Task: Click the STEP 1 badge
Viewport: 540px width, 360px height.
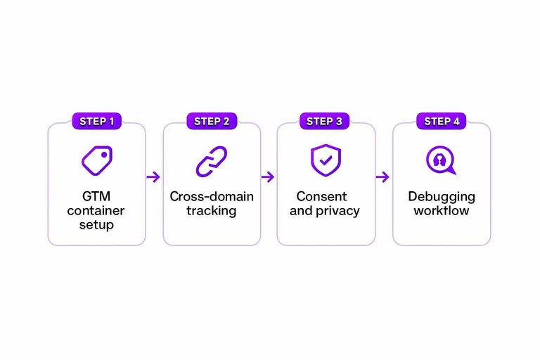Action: tap(97, 121)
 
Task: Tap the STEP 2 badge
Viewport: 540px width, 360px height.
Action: tap(212, 121)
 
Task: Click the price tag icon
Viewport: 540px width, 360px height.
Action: tap(96, 161)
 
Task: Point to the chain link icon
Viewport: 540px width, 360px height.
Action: tap(212, 161)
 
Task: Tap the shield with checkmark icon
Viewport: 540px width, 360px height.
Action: tap(324, 160)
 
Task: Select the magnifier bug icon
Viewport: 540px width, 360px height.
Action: tap(441, 161)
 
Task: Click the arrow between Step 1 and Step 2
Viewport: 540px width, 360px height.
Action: tap(153, 177)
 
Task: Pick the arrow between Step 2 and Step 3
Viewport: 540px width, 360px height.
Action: tap(268, 177)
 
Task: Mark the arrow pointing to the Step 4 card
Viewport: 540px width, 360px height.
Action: tap(382, 177)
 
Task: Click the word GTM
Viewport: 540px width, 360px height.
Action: tap(97, 197)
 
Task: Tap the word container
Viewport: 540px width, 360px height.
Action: tap(97, 211)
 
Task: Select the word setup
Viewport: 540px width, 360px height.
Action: tap(97, 226)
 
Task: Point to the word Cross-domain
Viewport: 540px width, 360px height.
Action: tap(212, 197)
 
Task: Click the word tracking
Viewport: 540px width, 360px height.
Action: tap(212, 211)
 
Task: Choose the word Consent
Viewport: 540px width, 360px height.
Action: tap(321, 197)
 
